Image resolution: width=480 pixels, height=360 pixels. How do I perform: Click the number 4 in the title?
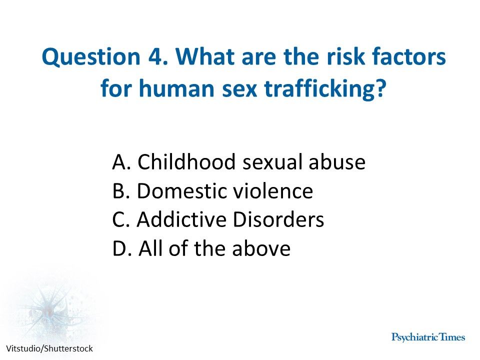154,58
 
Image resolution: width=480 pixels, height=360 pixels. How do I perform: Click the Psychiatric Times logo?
428,337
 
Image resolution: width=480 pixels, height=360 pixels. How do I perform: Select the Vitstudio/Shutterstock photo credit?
49,348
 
